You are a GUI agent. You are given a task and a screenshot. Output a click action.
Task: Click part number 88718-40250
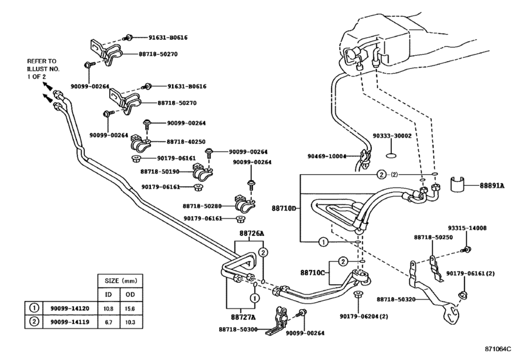[186, 141]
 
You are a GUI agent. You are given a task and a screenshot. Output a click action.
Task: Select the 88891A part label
[491, 186]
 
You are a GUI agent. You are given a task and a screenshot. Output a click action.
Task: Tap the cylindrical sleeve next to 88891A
[457, 184]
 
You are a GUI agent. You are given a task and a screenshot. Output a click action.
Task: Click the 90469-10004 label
[327, 156]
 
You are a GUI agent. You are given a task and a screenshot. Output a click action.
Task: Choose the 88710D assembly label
[284, 208]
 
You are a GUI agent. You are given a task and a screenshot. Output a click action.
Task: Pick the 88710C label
[312, 273]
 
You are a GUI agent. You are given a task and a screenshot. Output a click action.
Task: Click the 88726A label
[252, 233]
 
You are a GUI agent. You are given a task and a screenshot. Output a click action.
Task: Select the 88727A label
[243, 317]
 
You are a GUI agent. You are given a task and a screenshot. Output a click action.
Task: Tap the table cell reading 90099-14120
[70, 309]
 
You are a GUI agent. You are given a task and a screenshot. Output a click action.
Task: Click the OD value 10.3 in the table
[130, 322]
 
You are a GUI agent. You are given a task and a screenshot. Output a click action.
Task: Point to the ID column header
[109, 294]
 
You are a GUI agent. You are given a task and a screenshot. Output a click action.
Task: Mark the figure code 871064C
[498, 349]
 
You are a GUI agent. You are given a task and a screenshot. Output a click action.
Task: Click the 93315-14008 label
[467, 228]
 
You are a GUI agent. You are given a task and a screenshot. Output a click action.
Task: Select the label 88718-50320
[396, 300]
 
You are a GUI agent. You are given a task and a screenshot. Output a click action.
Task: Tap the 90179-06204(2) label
[364, 316]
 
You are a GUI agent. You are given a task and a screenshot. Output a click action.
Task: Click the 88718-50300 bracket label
[238, 329]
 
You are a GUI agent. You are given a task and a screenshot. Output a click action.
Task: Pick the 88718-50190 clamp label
[160, 172]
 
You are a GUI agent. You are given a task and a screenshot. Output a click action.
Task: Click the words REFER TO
[42, 61]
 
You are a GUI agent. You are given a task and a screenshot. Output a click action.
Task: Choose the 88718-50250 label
[433, 237]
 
